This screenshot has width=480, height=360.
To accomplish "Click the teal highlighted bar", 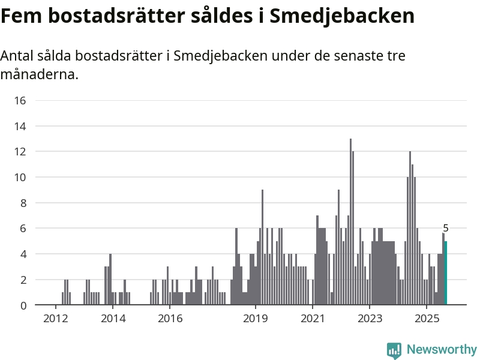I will point(445,273).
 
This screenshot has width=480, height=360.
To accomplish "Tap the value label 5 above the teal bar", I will point(446,228).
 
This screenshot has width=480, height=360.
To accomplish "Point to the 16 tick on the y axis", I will point(20,100).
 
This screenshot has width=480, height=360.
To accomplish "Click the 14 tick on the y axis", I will point(20,126).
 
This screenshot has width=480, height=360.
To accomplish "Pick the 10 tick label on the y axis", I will point(20,177).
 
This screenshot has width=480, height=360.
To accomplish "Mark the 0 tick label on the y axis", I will point(23,305).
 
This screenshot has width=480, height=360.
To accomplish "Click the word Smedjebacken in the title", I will point(342,16).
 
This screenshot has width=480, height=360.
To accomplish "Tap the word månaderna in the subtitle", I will point(39,76).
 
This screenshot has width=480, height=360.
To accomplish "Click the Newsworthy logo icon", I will point(394,350).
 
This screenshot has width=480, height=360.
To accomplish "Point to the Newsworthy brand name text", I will point(442,349).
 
